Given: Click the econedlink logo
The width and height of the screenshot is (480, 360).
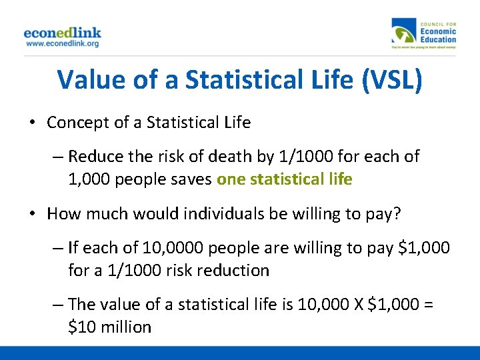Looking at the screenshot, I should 63,32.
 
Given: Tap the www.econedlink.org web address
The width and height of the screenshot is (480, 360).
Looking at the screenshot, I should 63,43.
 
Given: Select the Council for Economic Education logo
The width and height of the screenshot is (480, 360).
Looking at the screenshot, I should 425,34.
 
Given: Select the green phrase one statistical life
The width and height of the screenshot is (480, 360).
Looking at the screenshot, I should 285,179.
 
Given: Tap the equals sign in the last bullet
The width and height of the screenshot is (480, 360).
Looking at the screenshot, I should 429,305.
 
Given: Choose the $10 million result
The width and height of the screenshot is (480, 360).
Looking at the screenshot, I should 110,327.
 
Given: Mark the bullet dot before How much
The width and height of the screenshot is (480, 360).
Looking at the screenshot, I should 32,214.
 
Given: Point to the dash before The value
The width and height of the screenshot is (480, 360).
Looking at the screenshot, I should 58,305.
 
